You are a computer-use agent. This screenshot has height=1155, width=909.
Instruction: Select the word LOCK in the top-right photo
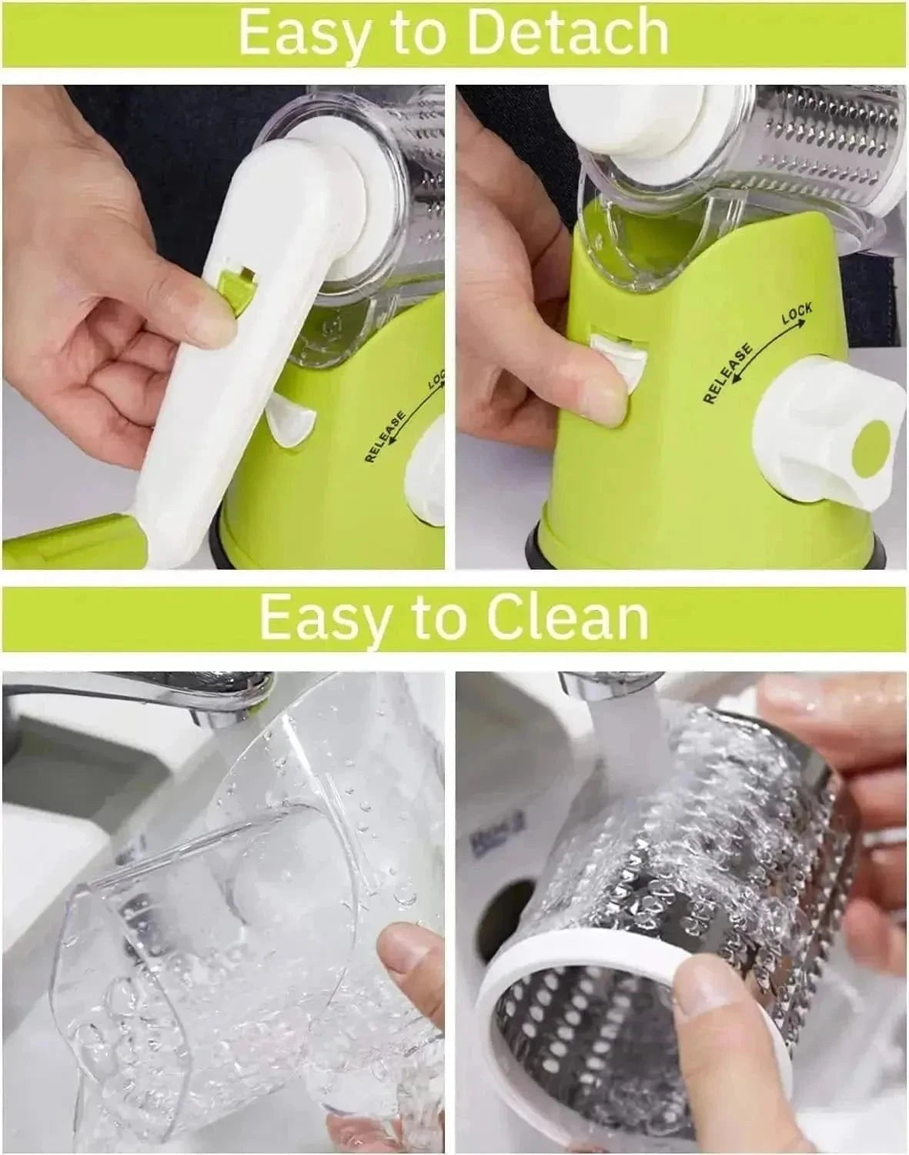(x=797, y=313)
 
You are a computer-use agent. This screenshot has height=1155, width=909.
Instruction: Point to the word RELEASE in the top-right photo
(x=727, y=373)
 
